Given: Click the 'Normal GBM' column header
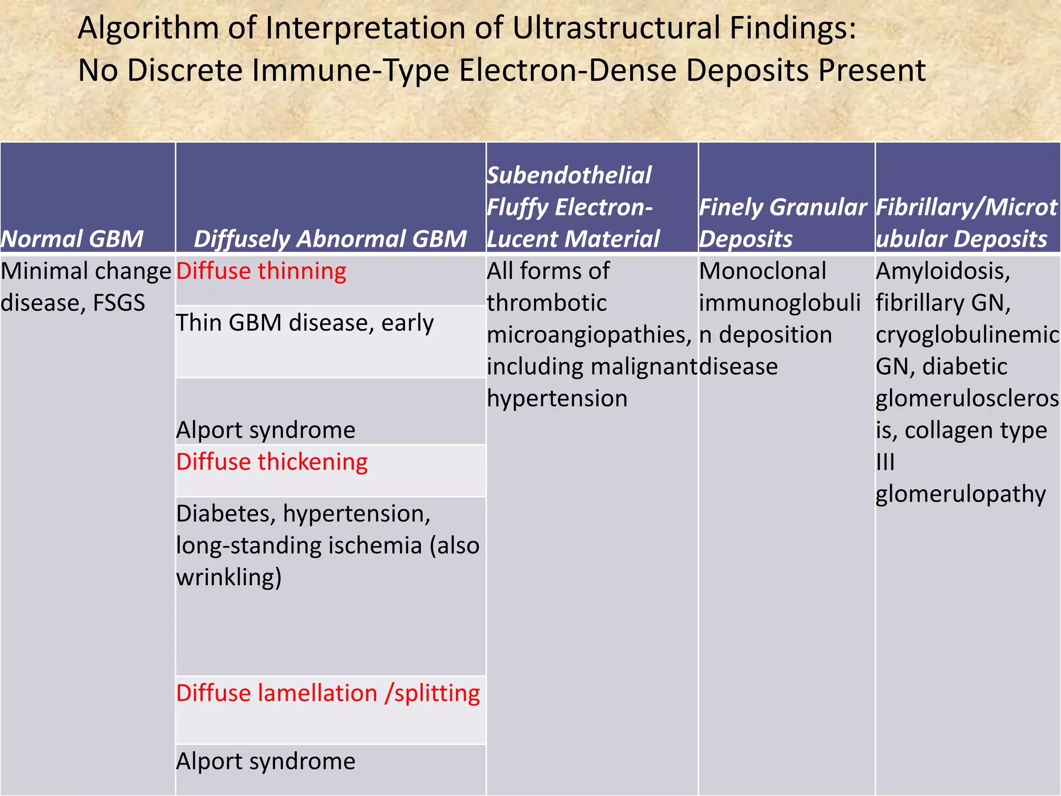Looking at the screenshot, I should tap(73, 239).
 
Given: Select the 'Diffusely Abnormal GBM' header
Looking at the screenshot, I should tap(331, 239).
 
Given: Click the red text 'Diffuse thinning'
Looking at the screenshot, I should tap(261, 271).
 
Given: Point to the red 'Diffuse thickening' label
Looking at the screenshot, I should tap(272, 462).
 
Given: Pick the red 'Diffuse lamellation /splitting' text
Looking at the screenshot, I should tap(328, 693).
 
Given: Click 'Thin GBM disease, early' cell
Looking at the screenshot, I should tap(305, 323).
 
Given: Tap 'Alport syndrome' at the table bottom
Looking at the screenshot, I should tap(266, 761).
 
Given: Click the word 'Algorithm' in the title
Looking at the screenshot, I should tap(148, 28).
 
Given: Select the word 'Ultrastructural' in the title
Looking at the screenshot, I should tap(616, 28).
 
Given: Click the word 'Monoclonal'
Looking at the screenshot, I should tap(763, 271).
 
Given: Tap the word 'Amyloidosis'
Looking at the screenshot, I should tap(943, 271).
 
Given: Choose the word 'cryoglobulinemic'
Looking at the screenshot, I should tap(967, 335).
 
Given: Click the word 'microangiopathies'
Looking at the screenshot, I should tap(589, 335).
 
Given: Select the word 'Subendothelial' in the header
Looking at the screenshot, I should tap(569, 175).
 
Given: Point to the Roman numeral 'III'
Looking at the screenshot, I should tap(885, 462).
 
